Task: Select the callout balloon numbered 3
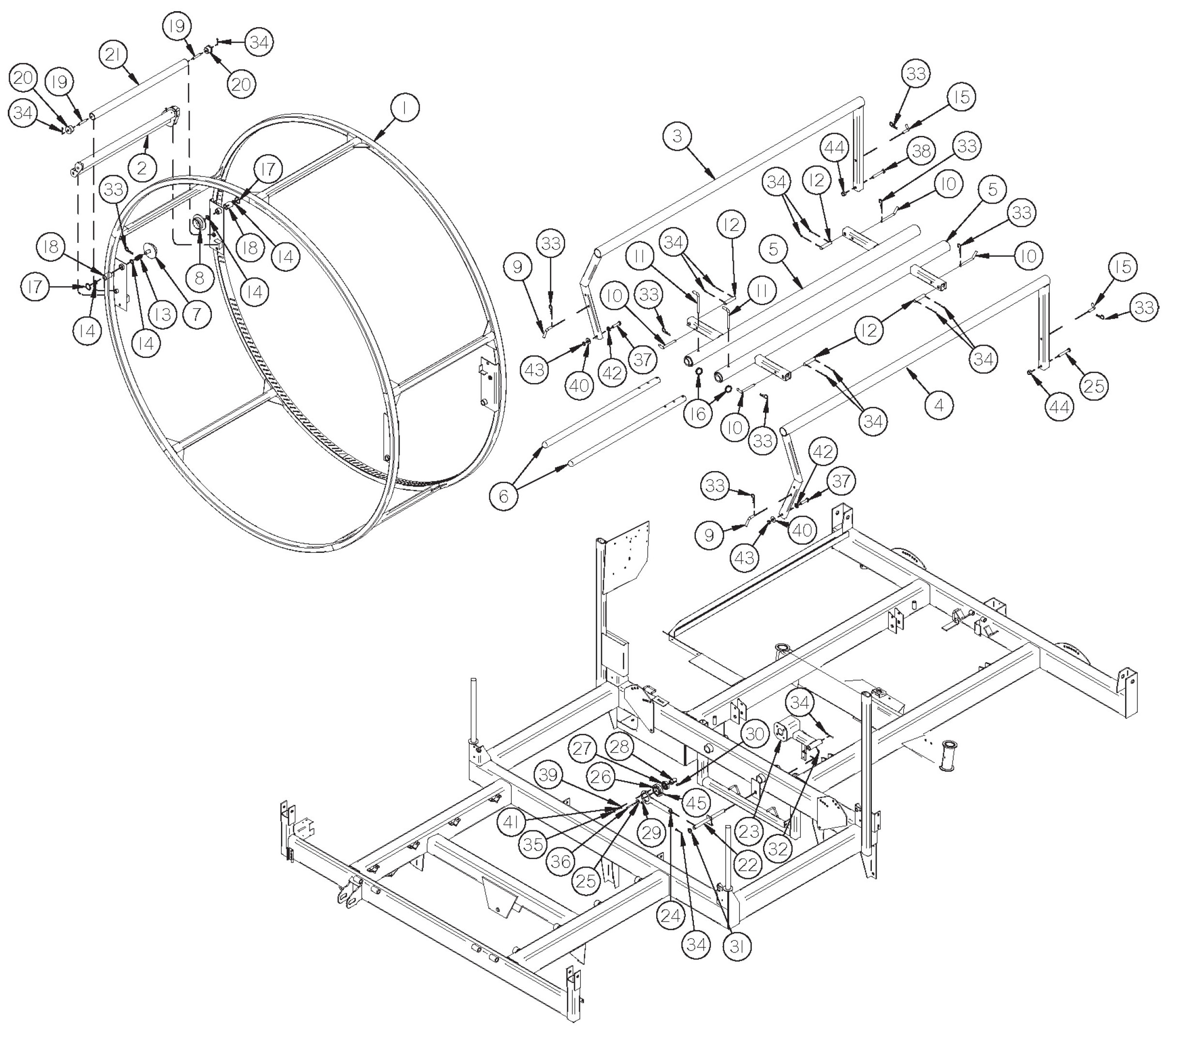click(x=677, y=136)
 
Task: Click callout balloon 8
click(x=199, y=278)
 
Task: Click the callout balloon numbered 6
click(x=503, y=496)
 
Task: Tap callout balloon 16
click(x=698, y=414)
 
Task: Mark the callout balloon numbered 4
click(x=939, y=406)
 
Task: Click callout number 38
click(x=921, y=151)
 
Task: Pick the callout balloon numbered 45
click(x=696, y=803)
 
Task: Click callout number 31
click(x=737, y=946)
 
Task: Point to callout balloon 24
click(x=671, y=916)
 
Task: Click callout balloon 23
click(x=750, y=831)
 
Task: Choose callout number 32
click(x=778, y=848)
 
